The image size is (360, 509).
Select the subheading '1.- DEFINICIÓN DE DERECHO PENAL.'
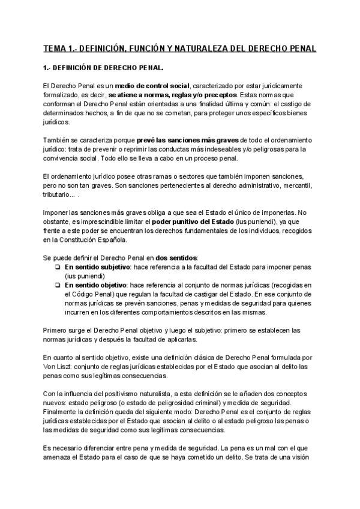103,67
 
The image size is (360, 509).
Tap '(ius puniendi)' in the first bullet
85,276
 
